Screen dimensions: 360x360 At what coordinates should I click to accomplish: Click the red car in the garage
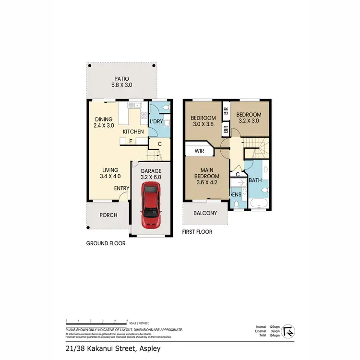tap(151, 207)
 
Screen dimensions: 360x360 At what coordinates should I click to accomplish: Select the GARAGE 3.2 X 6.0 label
tap(151, 174)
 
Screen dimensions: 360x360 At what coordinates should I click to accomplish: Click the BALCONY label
tap(205, 213)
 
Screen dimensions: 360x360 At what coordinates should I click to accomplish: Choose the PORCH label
tap(108, 215)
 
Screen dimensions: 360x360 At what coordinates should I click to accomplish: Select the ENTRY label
tap(121, 188)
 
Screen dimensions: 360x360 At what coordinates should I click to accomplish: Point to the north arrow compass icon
tap(289, 331)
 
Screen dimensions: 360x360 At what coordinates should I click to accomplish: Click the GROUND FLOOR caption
tap(106, 243)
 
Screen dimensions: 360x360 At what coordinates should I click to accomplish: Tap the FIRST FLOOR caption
tap(197, 232)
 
